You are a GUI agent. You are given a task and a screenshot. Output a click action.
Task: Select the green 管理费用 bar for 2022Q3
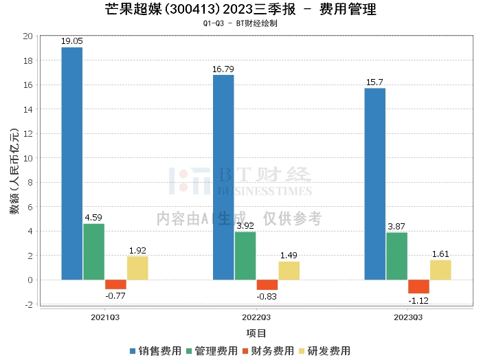(x=245, y=256)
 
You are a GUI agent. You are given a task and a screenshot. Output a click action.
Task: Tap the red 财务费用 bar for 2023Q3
(x=418, y=286)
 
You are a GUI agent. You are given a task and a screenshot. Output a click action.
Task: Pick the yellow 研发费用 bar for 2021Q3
(x=137, y=268)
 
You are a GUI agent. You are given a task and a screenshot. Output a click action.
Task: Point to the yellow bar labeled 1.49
(x=289, y=271)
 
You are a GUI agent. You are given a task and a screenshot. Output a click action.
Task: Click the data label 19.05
(x=71, y=41)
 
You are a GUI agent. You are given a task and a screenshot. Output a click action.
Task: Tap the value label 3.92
(x=245, y=225)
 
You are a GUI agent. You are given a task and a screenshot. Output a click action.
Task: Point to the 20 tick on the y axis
(x=28, y=36)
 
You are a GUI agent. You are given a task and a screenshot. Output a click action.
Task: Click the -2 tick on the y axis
(x=29, y=304)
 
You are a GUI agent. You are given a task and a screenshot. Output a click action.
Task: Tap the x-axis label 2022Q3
(x=256, y=318)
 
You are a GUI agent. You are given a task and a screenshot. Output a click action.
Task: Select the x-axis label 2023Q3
(x=407, y=318)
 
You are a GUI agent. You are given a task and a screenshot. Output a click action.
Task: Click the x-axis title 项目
(x=256, y=333)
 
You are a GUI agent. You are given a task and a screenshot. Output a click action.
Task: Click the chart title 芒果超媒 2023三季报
(x=240, y=10)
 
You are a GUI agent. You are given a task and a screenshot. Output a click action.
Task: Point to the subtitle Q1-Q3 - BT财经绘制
(x=240, y=23)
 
